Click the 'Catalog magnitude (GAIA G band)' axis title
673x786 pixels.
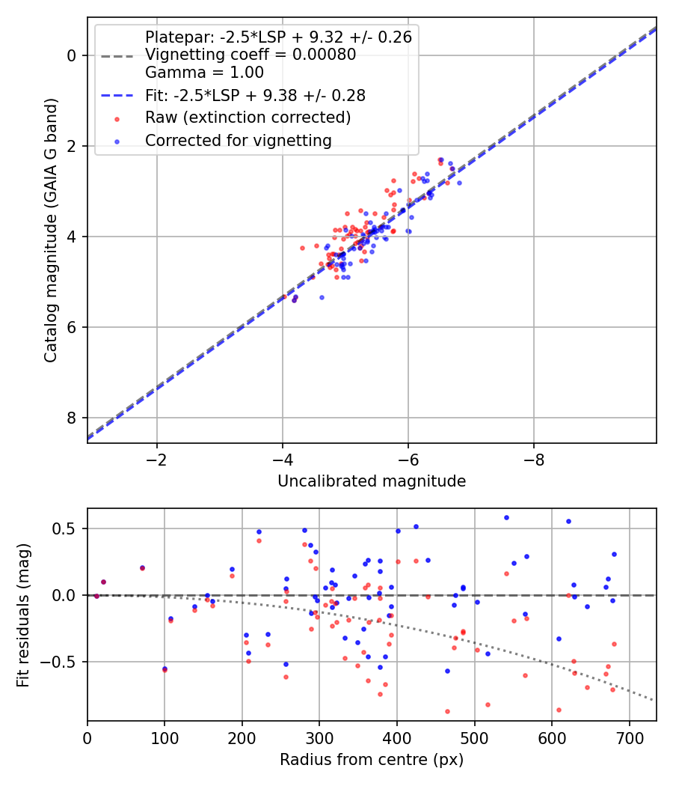click(51, 231)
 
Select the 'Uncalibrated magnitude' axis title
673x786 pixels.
click(372, 481)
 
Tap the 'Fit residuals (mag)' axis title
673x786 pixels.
click(23, 615)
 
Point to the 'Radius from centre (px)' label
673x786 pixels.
click(372, 760)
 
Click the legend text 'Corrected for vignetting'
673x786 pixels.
click(239, 141)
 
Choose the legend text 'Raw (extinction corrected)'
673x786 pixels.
click(248, 118)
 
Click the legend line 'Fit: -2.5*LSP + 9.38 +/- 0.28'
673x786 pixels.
click(117, 95)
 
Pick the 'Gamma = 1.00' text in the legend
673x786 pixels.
click(204, 72)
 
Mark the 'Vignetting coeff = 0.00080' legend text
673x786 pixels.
click(251, 54)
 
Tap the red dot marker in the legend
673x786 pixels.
click(117, 119)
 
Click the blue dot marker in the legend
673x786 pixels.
click(117, 142)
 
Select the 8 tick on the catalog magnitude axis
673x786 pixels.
click(72, 418)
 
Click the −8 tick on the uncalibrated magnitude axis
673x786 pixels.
click(533, 460)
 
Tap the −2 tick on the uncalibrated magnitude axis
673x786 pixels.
click(157, 460)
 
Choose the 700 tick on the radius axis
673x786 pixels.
click(629, 738)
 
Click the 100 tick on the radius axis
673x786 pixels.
click(165, 738)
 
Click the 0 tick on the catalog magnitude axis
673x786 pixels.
click(72, 55)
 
